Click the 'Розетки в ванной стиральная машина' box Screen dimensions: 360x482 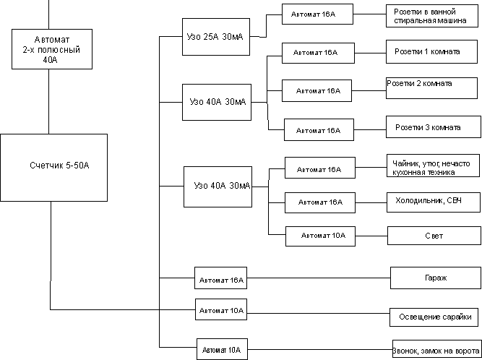click(x=427, y=16)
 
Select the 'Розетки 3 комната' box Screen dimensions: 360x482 click(x=427, y=127)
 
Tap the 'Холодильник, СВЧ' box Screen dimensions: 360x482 click(x=429, y=200)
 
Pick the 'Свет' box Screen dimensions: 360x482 click(x=429, y=236)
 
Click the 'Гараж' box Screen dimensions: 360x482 click(x=431, y=277)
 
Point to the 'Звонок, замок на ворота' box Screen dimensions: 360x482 click(x=435, y=348)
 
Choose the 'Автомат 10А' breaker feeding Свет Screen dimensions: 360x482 click(x=320, y=236)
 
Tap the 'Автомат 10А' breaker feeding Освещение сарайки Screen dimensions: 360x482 click(x=220, y=311)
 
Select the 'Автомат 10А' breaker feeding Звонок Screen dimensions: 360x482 click(x=223, y=350)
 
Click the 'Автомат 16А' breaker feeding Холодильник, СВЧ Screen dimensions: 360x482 click(x=320, y=203)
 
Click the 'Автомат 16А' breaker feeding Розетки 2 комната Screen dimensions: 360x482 click(x=317, y=91)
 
